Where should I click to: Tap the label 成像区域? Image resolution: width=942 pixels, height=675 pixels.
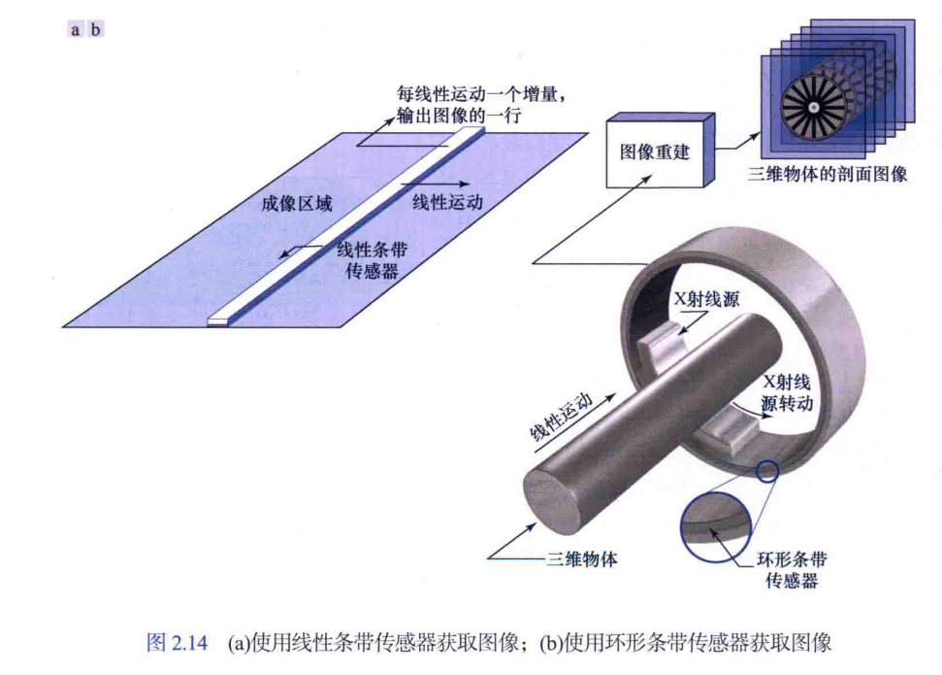(296, 205)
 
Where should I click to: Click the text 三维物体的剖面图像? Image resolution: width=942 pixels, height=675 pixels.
(828, 176)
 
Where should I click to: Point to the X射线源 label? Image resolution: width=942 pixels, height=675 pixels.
(706, 299)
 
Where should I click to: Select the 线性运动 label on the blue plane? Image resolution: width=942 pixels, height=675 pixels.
(447, 201)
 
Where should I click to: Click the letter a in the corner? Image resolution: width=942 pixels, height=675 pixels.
(76, 29)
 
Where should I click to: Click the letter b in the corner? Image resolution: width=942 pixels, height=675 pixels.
(95, 29)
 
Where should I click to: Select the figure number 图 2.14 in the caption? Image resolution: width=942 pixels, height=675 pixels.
(176, 643)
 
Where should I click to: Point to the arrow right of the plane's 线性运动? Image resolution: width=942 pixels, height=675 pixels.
(449, 182)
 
